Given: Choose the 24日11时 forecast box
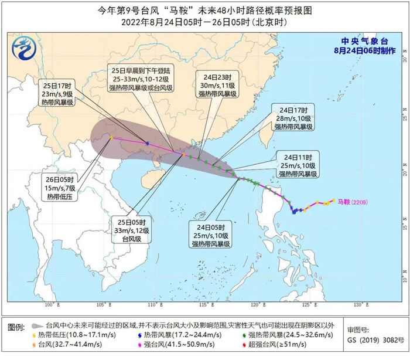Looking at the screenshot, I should tap(298, 165).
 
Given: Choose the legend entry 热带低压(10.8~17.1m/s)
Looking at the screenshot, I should tap(80, 335).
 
